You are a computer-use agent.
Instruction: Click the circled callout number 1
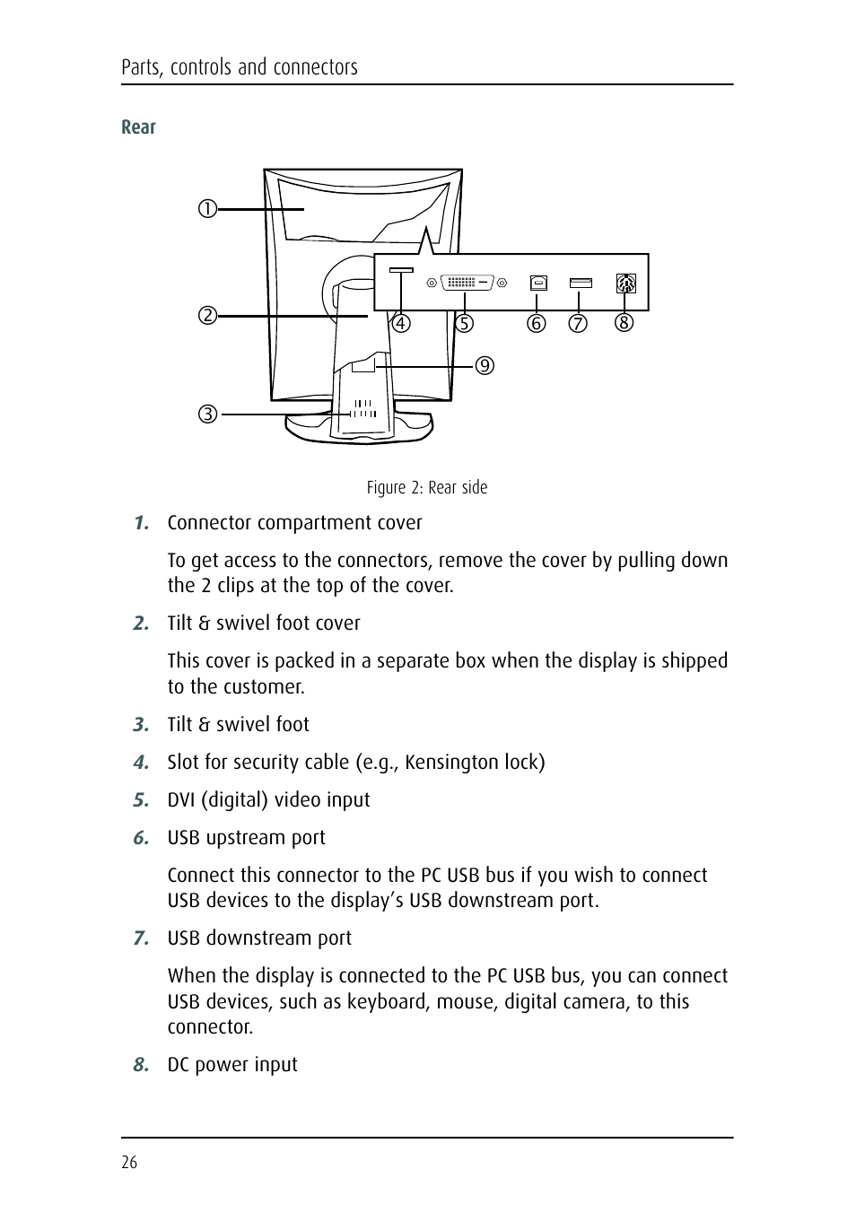coord(207,209)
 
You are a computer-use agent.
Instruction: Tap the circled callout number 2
coord(207,316)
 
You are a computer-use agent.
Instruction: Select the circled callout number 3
coord(207,415)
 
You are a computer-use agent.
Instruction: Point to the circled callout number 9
coord(485,365)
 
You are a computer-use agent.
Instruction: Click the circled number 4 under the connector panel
coord(400,323)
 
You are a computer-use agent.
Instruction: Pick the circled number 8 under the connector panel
coord(624,322)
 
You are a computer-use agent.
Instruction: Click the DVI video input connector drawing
coord(466,283)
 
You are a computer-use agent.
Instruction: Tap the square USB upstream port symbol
coord(538,283)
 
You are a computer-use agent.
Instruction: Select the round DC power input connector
coord(625,284)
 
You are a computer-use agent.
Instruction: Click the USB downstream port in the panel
coord(581,284)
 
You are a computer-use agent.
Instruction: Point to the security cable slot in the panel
coord(401,270)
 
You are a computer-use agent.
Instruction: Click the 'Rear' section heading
coord(138,127)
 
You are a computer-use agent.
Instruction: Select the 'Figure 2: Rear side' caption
coord(427,487)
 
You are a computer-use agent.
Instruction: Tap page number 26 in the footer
coord(129,1163)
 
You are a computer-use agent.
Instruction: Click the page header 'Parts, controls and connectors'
coord(240,67)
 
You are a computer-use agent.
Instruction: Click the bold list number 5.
coord(140,799)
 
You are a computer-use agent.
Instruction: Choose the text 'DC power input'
coord(232,1065)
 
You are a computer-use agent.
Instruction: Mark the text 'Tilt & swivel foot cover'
coord(264,624)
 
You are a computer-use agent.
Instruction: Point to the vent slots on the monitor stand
coord(362,409)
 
